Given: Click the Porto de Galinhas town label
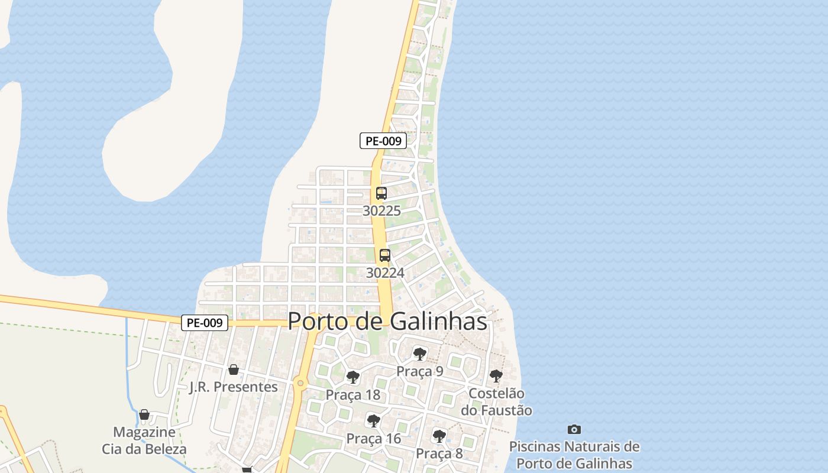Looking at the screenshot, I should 387,322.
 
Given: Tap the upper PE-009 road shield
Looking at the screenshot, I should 383,141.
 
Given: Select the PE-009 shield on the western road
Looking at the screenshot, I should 205,323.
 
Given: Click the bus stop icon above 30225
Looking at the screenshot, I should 381,193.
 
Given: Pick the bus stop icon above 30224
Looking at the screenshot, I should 385,255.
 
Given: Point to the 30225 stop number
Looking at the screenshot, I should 381,210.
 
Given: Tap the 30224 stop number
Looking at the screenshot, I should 385,273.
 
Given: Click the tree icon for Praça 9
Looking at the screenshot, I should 420,354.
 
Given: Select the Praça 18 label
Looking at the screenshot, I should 353,395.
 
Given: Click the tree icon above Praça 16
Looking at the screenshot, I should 373,421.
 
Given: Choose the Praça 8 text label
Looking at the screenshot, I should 439,453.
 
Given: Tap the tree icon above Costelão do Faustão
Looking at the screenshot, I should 496,376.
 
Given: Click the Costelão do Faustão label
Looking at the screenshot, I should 496,401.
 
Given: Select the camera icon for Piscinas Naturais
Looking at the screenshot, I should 574,429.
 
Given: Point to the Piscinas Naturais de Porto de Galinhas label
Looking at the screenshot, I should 574,455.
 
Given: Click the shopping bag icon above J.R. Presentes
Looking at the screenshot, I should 234,370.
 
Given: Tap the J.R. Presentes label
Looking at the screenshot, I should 234,387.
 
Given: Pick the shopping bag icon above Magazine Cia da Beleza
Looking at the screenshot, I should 144,414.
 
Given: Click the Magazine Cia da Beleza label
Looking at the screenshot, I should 144,440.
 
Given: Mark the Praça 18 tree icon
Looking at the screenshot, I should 353,377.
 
